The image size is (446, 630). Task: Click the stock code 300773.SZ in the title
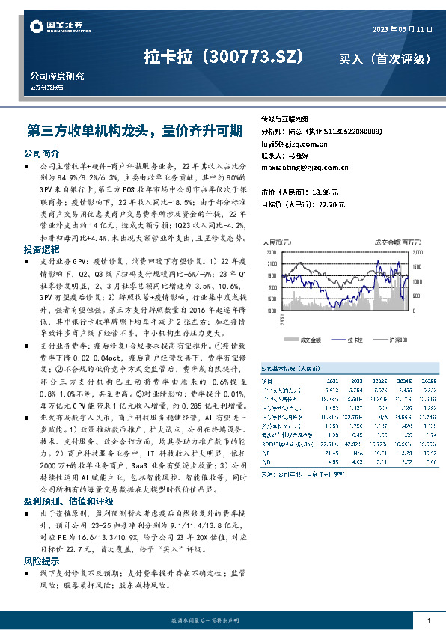point(252,57)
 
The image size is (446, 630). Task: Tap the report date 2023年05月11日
point(402,29)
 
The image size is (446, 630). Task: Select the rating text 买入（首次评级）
point(385,58)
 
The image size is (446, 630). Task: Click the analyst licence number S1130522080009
point(352,131)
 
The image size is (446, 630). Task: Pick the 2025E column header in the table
point(428,380)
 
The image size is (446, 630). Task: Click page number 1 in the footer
point(428,621)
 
